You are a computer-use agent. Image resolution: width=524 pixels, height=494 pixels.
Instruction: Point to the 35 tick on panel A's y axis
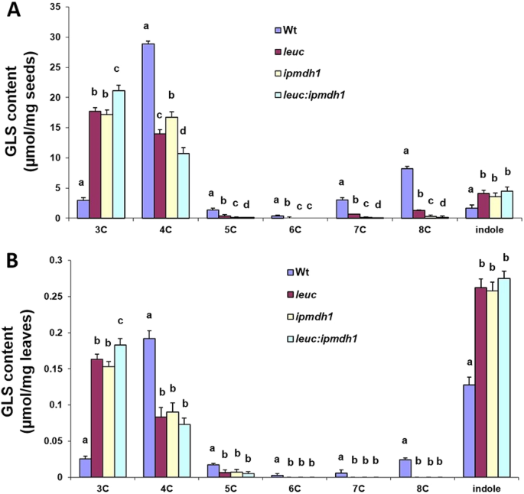[x=56, y=7]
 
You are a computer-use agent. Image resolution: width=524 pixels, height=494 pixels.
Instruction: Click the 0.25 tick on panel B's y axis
[x=52, y=297]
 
